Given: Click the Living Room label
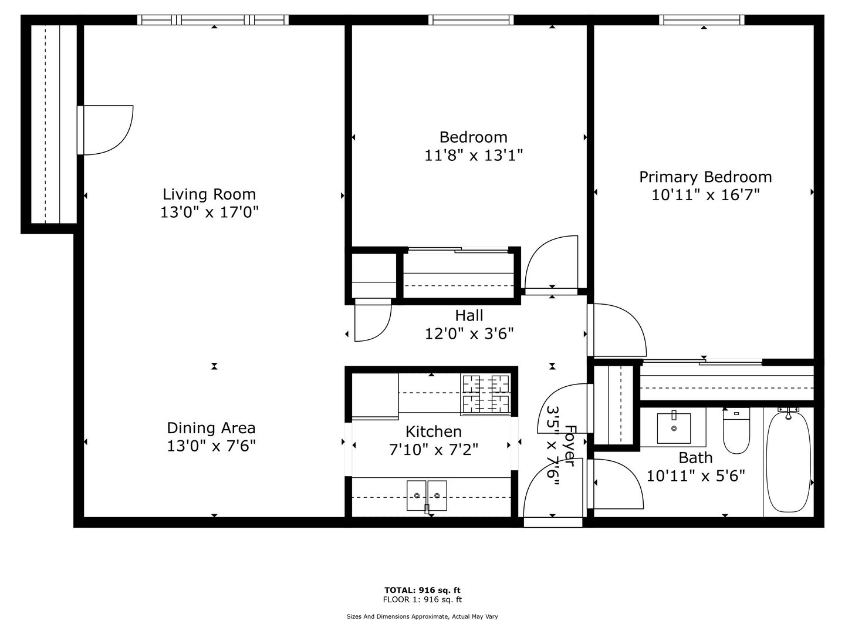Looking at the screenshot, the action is coord(209,194).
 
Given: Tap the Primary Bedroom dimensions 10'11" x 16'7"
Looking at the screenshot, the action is coord(705,195).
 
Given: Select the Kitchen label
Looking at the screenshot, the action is coord(434,431).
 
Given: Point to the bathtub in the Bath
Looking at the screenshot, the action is coord(789,462).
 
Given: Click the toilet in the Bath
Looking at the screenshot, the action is coord(736,431).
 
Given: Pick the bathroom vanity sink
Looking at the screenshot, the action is coord(674,428).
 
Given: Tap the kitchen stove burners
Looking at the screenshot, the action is coord(486,394).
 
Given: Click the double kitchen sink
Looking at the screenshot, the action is coord(427,495).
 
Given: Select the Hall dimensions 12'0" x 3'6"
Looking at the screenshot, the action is coord(469,333).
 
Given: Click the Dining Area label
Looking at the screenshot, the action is coord(211,428).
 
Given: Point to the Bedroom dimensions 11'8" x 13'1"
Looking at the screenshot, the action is coord(474,156).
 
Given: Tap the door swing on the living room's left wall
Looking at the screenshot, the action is coord(108,130).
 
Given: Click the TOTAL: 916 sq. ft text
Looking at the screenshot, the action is coord(422,590).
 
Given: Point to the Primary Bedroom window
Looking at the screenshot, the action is coord(702,19).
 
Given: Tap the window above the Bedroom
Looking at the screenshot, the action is coord(471,19).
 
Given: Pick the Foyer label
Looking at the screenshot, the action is coord(570,446).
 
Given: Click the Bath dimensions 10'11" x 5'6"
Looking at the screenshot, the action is coord(695,476).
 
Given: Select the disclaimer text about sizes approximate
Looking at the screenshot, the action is coord(422,616).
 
